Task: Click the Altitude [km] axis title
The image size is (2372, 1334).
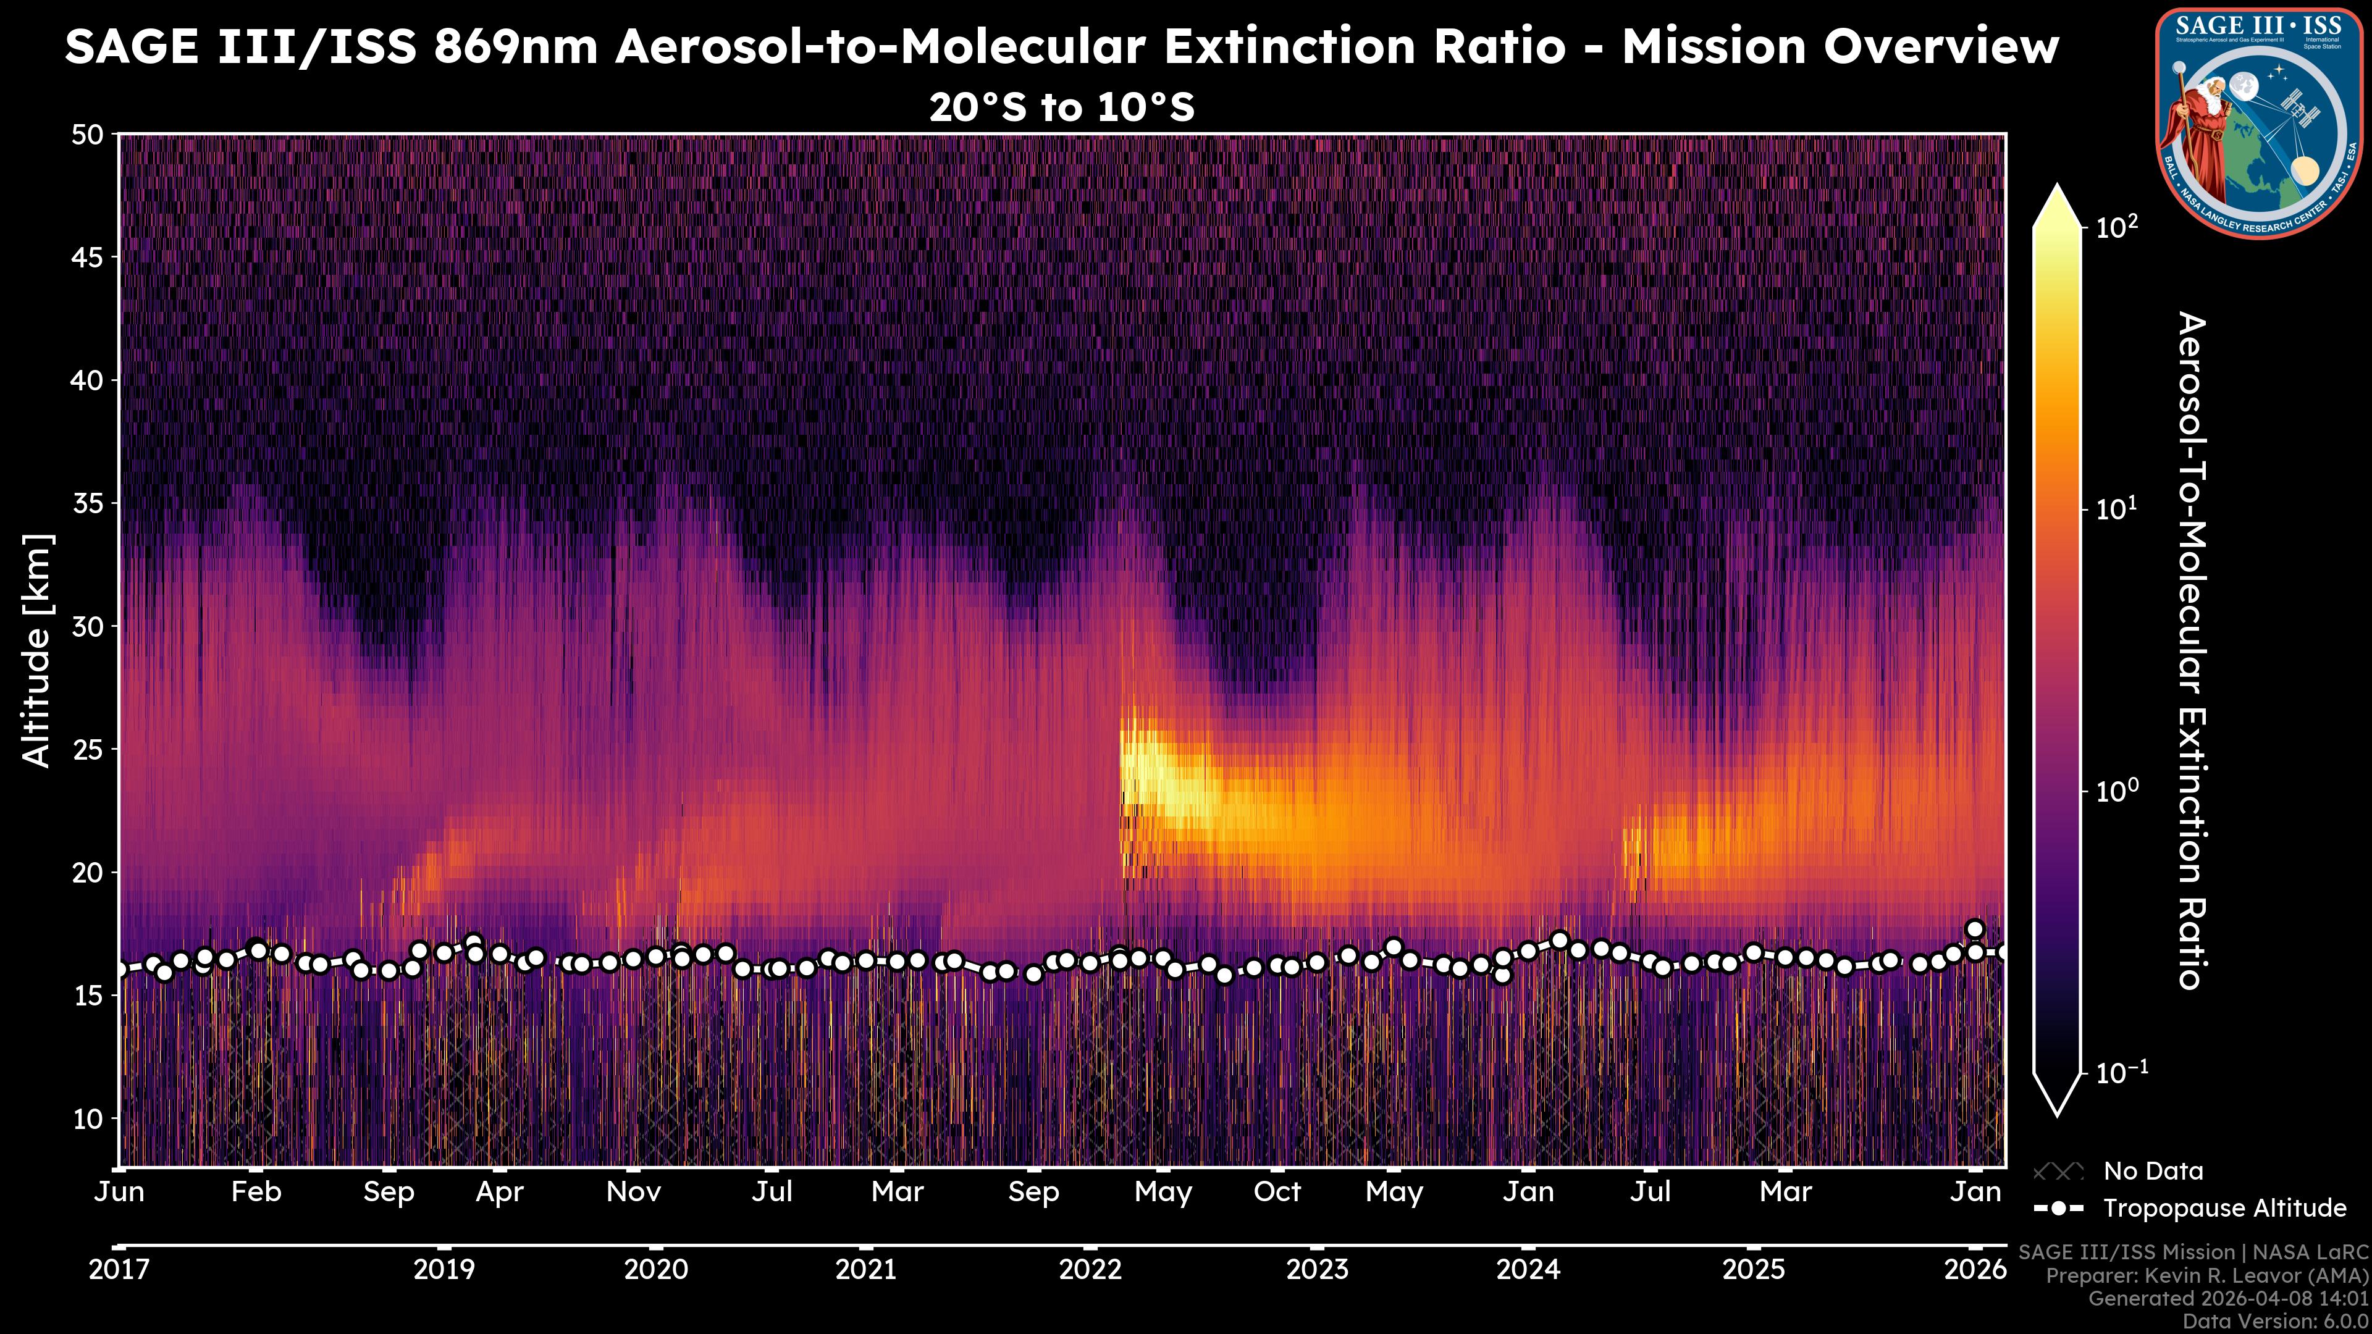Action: (37, 650)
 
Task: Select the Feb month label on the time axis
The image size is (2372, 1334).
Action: (256, 1192)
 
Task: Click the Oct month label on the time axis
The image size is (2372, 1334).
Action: (1277, 1192)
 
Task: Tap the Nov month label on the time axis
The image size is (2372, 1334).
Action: (634, 1192)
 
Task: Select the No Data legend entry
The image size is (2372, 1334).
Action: (2153, 1171)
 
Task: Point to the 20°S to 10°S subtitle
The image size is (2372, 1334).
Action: (1062, 107)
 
